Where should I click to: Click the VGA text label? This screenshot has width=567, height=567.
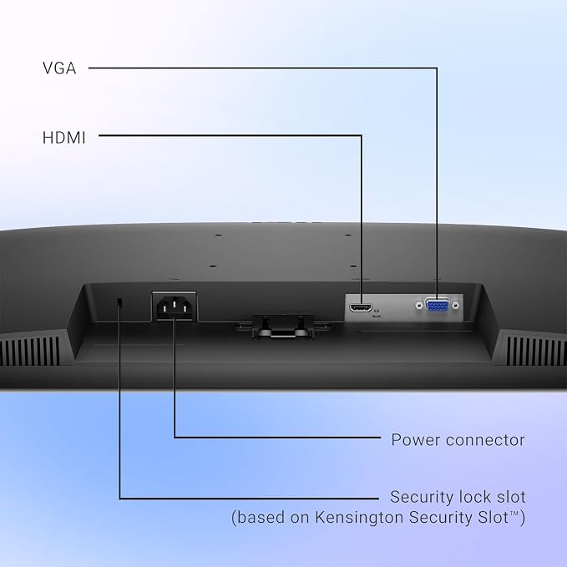click(x=59, y=68)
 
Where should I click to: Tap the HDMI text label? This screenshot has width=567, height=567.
click(x=64, y=138)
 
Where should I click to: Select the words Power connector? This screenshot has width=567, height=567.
click(x=458, y=440)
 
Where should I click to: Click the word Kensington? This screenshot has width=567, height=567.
click(x=359, y=517)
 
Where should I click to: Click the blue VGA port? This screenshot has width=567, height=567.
click(x=438, y=306)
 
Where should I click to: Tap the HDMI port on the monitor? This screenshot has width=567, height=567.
click(x=361, y=308)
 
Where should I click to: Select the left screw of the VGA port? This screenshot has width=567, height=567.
click(x=419, y=306)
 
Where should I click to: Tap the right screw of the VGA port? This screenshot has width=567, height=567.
click(x=456, y=306)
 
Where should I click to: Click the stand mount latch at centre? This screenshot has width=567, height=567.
click(x=283, y=327)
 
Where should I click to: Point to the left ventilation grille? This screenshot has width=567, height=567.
click(x=30, y=351)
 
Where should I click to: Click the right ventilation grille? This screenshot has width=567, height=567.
click(x=536, y=351)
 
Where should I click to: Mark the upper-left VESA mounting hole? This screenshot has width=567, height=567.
click(x=218, y=235)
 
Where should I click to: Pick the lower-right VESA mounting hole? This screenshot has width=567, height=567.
click(x=354, y=266)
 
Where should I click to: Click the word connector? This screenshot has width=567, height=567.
click(x=485, y=440)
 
